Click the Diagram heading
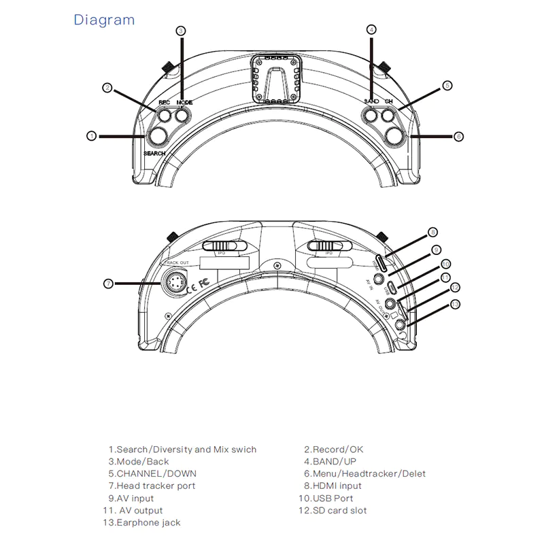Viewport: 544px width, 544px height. (x=104, y=20)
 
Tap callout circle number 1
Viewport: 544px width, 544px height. (x=92, y=136)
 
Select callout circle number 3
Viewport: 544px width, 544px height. (x=181, y=30)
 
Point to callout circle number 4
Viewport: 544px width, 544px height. (x=371, y=29)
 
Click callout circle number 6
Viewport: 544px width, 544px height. (x=458, y=137)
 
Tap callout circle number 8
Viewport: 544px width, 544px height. (x=433, y=232)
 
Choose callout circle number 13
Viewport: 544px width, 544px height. (x=456, y=304)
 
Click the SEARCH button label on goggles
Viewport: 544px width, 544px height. (x=154, y=154)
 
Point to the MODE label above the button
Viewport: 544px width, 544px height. (x=184, y=102)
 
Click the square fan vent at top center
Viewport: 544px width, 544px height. (x=276, y=80)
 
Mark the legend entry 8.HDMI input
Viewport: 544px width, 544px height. (x=333, y=486)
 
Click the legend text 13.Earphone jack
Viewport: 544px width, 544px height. (x=142, y=522)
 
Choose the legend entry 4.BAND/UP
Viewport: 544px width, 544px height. (x=330, y=461)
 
